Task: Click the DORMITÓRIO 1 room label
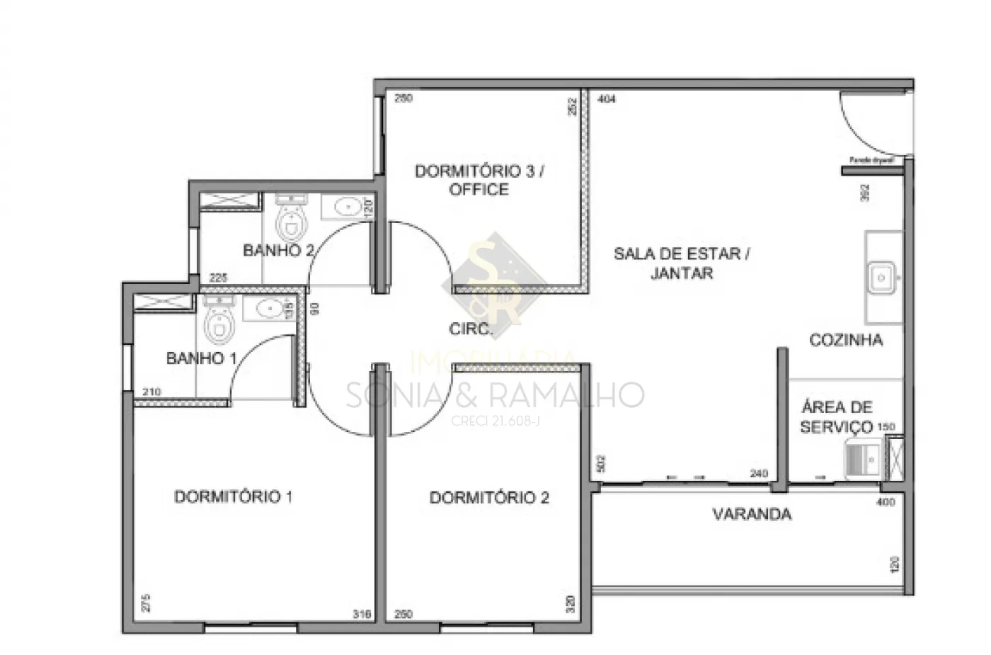click(x=233, y=496)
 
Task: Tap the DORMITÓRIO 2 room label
click(x=489, y=497)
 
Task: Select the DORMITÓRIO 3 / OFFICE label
click(x=479, y=180)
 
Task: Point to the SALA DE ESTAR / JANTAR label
click(x=682, y=263)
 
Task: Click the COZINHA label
click(x=846, y=340)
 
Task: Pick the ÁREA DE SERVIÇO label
click(x=836, y=417)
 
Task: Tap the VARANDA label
click(x=752, y=514)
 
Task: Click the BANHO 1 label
click(x=201, y=358)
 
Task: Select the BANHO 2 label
click(x=277, y=250)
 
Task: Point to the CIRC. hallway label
click(x=470, y=329)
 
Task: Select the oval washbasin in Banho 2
click(x=346, y=207)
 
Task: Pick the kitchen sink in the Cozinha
click(x=882, y=277)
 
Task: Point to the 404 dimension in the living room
click(x=607, y=99)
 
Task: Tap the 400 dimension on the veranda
click(x=886, y=502)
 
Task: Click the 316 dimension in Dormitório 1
click(x=362, y=615)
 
